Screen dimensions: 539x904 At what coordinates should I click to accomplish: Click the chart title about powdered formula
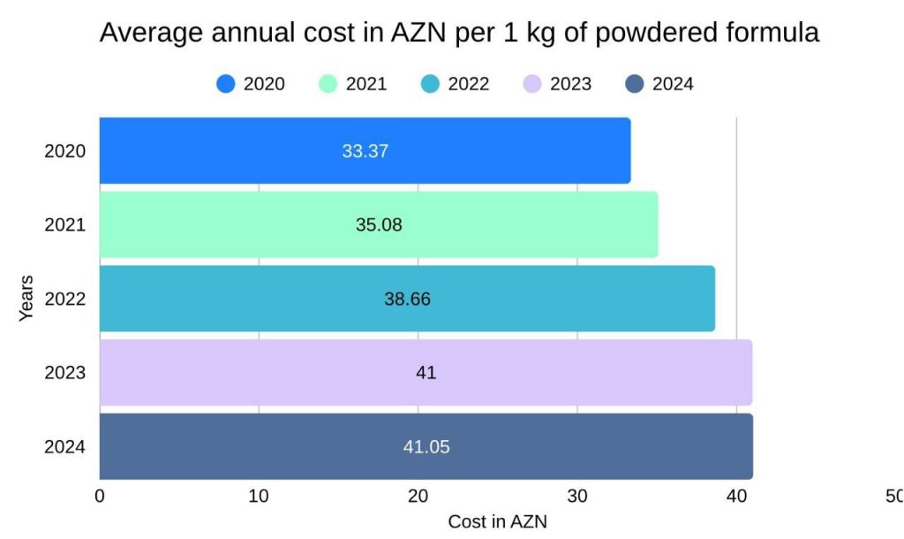pyautogui.click(x=459, y=33)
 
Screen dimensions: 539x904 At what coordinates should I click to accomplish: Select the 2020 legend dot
pyautogui.click(x=226, y=84)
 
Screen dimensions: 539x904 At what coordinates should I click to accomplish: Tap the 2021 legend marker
pyautogui.click(x=328, y=84)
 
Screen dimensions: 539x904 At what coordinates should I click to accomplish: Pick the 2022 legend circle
pyautogui.click(x=430, y=84)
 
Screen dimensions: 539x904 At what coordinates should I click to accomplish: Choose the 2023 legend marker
pyautogui.click(x=532, y=84)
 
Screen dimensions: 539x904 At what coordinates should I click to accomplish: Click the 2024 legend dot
pyautogui.click(x=635, y=84)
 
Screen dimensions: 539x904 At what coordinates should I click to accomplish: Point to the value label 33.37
pyautogui.click(x=365, y=151)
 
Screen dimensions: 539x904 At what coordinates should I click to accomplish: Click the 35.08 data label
pyautogui.click(x=379, y=225)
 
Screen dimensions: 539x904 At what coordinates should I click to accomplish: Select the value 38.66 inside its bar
pyautogui.click(x=407, y=299)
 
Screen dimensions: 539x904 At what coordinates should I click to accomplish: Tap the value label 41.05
pyautogui.click(x=426, y=447)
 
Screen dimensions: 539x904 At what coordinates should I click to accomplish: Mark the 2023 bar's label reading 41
pyautogui.click(x=426, y=373)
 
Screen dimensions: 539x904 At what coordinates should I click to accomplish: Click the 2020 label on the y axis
pyautogui.click(x=65, y=151)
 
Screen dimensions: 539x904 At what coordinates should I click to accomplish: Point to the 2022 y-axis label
pyautogui.click(x=65, y=299)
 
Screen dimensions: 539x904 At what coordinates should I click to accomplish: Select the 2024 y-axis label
pyautogui.click(x=65, y=447)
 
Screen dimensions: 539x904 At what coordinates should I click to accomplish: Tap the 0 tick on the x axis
pyautogui.click(x=100, y=497)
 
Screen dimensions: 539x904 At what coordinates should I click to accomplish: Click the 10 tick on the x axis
pyautogui.click(x=259, y=497)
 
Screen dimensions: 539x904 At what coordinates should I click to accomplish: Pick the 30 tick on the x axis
pyautogui.click(x=577, y=497)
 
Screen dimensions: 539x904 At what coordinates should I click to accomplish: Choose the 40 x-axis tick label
pyautogui.click(x=736, y=497)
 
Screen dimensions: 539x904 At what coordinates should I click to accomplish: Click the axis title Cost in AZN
pyautogui.click(x=497, y=521)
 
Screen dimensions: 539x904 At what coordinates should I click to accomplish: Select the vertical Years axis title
pyautogui.click(x=26, y=298)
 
